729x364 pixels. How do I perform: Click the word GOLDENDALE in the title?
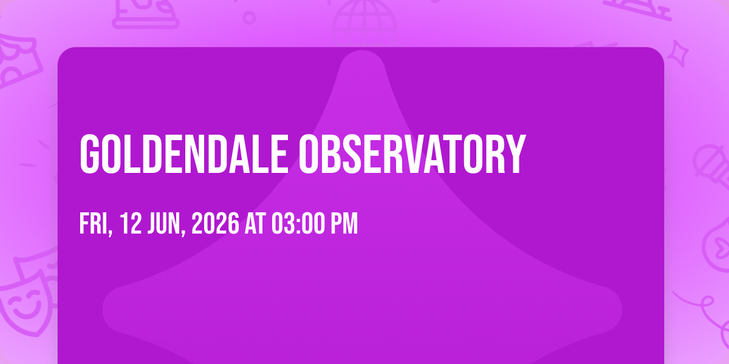pos(184,154)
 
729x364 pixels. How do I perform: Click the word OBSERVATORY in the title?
pos(412,154)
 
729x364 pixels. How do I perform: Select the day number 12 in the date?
pos(131,223)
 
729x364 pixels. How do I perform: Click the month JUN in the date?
pos(166,223)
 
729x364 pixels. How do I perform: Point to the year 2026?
pos(215,223)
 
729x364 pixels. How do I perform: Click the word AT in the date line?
pos(255,223)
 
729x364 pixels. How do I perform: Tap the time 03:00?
pos(298,223)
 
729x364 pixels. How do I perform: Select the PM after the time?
pos(344,223)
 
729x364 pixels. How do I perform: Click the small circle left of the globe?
pos(249,18)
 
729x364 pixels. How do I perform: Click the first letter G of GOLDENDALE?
pos(89,154)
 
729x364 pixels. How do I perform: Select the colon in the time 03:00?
pos(298,225)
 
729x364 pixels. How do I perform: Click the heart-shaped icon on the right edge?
pos(717,247)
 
